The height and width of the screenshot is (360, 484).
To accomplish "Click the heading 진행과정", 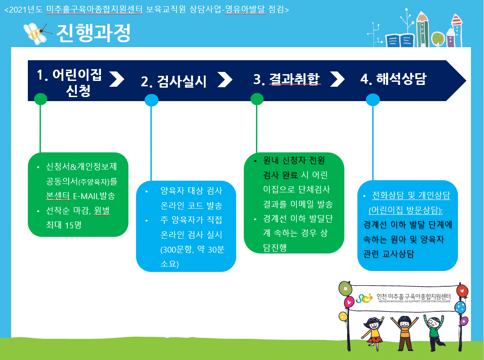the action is pos(93,33).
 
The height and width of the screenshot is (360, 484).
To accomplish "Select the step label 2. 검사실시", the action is pos(174,82).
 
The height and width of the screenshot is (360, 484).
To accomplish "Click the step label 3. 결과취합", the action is pos(286,79).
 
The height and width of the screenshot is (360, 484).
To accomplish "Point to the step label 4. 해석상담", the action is pos(394,79).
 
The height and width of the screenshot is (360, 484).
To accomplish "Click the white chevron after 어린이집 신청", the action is pos(117,79).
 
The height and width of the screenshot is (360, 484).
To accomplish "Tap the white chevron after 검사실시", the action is pos(224,80).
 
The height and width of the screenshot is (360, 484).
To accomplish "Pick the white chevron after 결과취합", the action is pos(337,79).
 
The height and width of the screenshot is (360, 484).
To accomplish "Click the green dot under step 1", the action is pos(40,99).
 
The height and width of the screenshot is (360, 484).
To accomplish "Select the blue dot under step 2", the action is pos(151,100).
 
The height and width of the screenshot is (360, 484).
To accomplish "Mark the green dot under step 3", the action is pos(257,99).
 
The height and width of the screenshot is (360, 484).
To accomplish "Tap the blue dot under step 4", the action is pos(373,100).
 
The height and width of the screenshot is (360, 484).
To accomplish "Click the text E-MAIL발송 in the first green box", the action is pos(94,196).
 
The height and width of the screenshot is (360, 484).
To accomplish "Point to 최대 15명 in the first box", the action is pos(64,225).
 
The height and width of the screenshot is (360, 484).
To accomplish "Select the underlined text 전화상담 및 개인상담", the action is pos(411,196).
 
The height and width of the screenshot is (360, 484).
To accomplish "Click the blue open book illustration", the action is pos(400,40).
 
